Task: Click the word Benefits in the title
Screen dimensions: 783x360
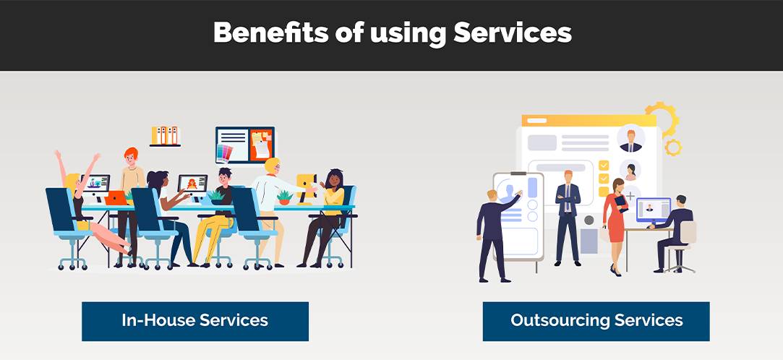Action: (270, 33)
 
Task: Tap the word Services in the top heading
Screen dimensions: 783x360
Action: (513, 33)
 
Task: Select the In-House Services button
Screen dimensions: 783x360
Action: (195, 321)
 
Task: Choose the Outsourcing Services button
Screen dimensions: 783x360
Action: (596, 321)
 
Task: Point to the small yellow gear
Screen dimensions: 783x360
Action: (673, 147)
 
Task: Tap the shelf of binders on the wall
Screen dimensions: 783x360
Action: (165, 137)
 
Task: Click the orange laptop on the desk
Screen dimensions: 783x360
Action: (116, 198)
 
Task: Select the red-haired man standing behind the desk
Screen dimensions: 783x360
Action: (131, 205)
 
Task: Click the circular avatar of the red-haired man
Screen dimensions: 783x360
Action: (630, 138)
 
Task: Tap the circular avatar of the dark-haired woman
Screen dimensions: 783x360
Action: (630, 170)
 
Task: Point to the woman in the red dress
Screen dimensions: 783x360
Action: (615, 226)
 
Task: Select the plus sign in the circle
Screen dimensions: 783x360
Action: (630, 196)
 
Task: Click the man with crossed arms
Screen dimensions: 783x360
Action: (568, 218)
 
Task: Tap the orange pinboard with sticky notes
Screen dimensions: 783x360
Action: (261, 145)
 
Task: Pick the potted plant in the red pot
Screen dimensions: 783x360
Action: (285, 198)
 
